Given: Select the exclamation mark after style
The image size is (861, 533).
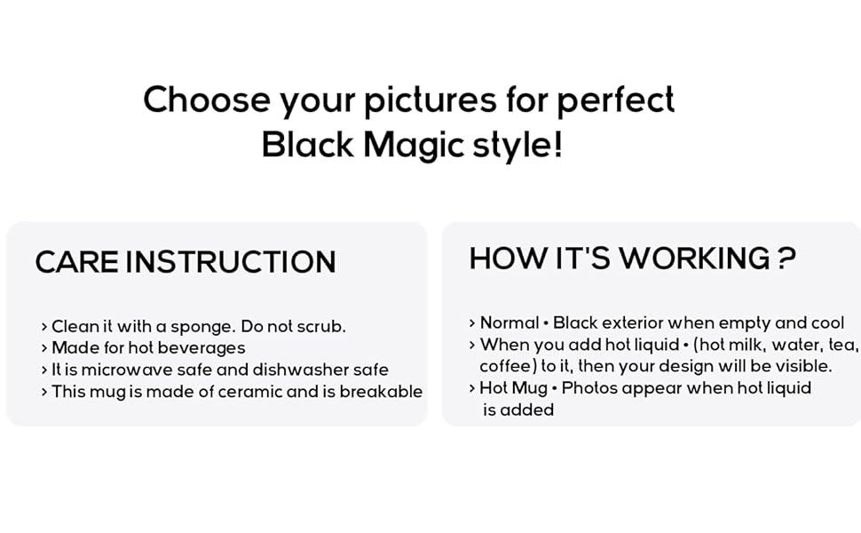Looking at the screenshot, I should [x=557, y=145].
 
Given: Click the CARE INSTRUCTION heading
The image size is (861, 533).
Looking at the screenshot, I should [x=186, y=262].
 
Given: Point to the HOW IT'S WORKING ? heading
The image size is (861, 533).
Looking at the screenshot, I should [x=631, y=259].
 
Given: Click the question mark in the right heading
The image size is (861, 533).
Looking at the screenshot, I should [x=786, y=259].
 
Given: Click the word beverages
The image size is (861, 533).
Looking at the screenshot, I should [x=201, y=347].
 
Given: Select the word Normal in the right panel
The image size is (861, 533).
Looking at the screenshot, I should [x=509, y=323].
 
